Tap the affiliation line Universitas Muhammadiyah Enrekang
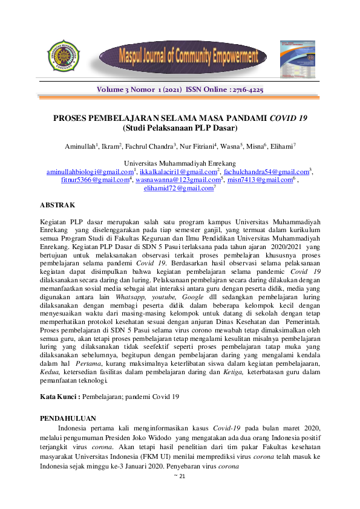[180, 163]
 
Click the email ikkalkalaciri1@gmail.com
[177, 172]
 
